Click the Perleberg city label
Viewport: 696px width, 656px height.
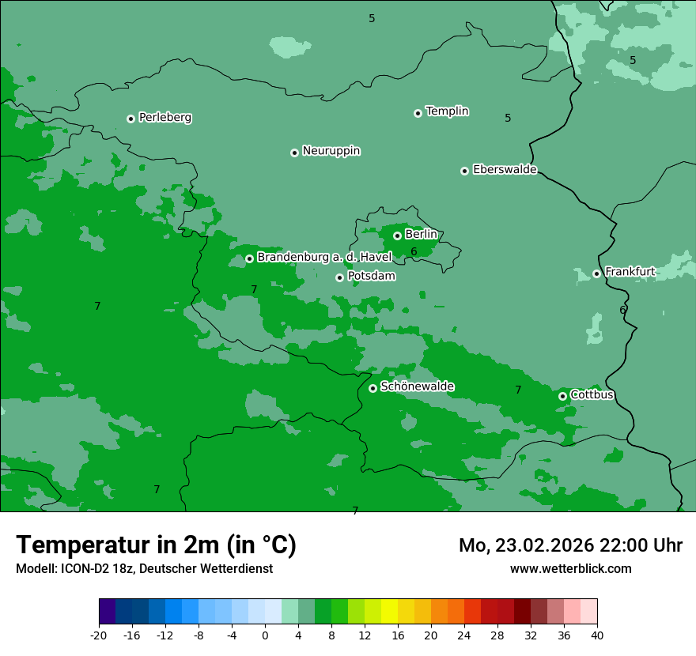[x=165, y=118]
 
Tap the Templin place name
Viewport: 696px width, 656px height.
[x=447, y=111]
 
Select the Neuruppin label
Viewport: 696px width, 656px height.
[x=331, y=151]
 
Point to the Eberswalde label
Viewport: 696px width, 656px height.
[x=505, y=170]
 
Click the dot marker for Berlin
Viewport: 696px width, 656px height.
[x=397, y=236]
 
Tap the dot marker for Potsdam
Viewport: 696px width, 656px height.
[x=339, y=277]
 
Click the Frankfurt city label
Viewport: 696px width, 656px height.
[x=630, y=273]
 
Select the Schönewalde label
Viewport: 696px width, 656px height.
[x=417, y=386]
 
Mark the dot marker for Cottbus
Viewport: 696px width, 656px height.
[x=562, y=396]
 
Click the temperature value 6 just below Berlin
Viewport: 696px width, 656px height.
[x=414, y=252]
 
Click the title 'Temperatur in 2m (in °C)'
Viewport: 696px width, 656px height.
[x=156, y=545]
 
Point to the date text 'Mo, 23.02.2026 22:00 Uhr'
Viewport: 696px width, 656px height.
[x=570, y=545]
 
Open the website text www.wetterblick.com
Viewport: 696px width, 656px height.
[x=570, y=568]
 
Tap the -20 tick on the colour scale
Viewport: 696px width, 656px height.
[x=99, y=635]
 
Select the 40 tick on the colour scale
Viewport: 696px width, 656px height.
[x=597, y=635]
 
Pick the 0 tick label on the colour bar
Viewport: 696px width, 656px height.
[x=265, y=635]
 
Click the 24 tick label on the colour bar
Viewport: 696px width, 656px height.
[x=464, y=635]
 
